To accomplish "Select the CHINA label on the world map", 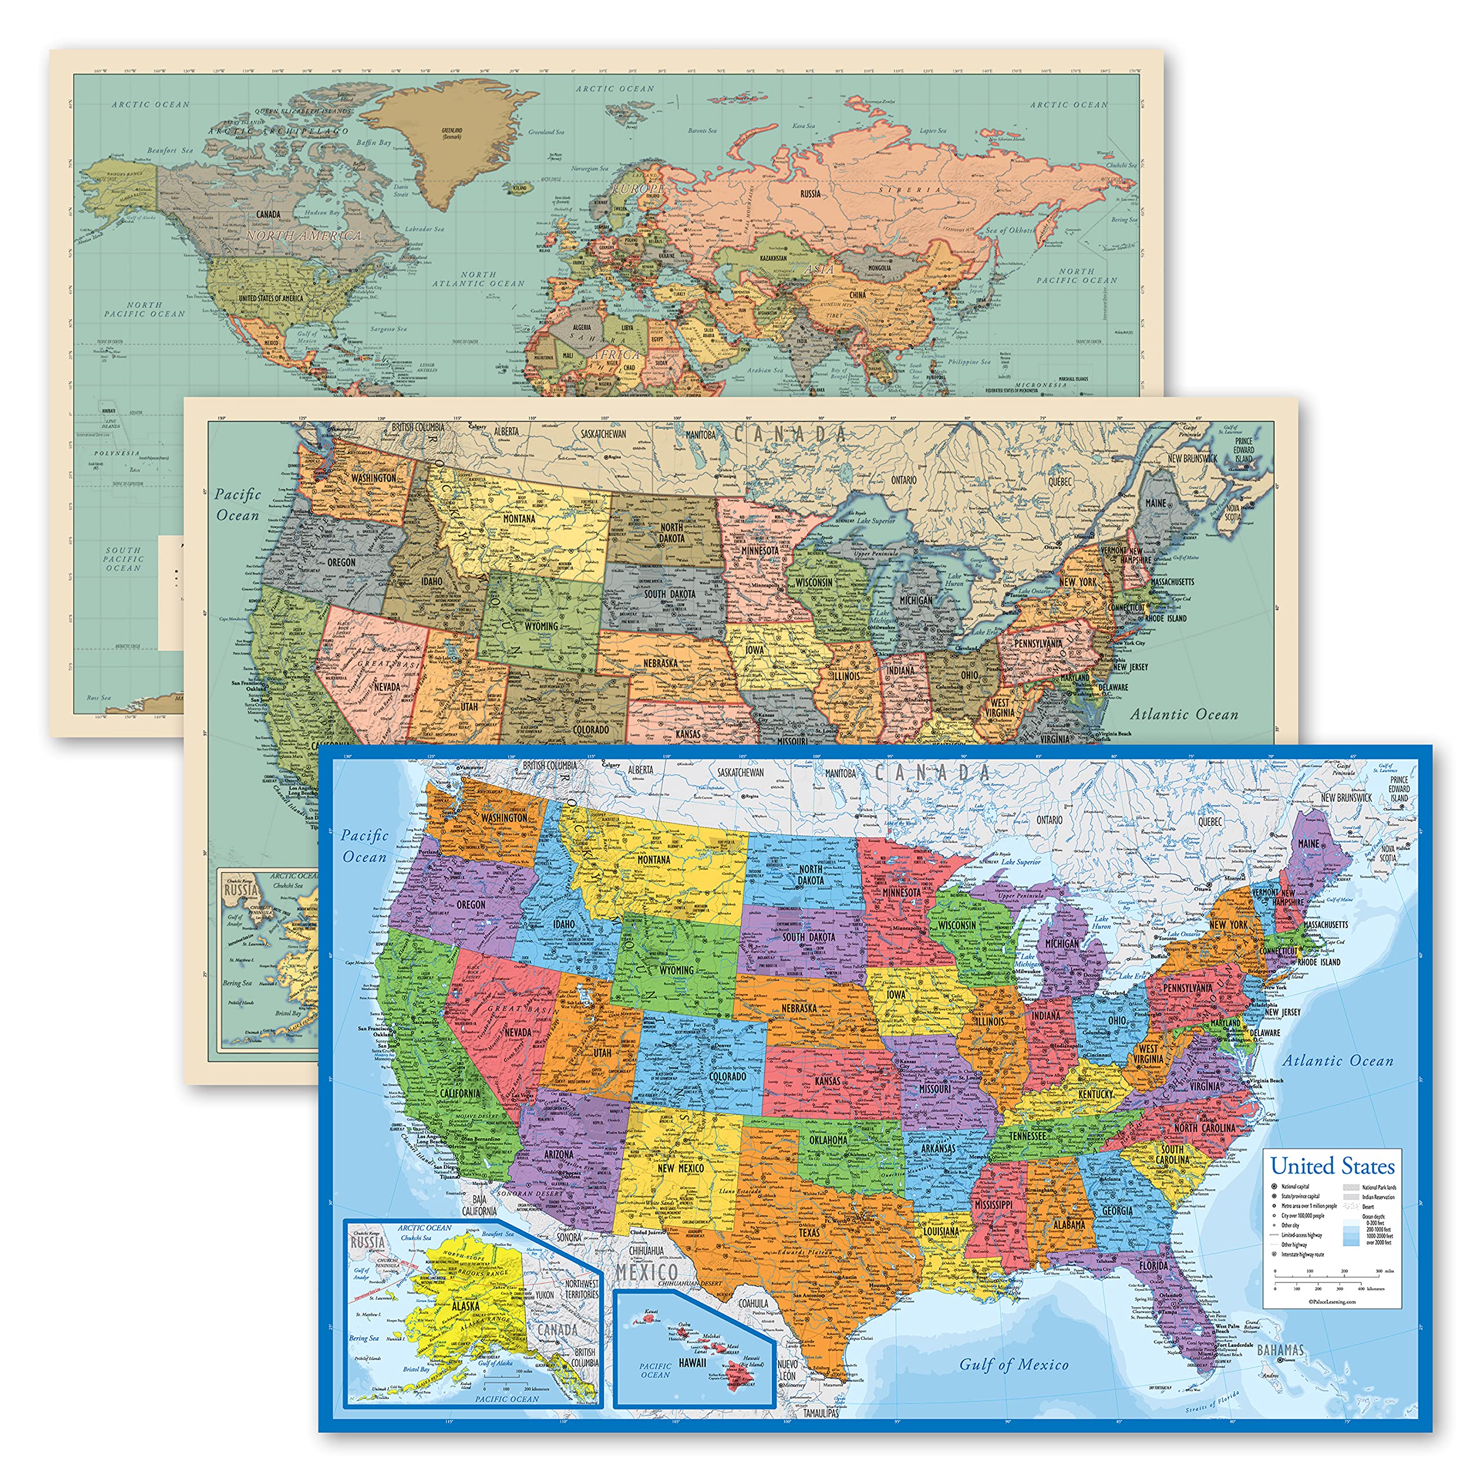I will (x=857, y=295).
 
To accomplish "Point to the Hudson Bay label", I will (x=322, y=212).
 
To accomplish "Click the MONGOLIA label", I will (x=879, y=267).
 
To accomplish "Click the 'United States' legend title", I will (x=1333, y=1166).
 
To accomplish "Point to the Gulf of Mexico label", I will (x=1013, y=1364).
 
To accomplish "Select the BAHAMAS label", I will (x=1281, y=1349).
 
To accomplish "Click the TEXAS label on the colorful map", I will (x=809, y=1232).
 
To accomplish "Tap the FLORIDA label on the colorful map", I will (x=1154, y=1265).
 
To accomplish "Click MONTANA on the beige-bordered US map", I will (x=519, y=519).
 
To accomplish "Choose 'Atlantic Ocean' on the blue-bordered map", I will (x=1338, y=1061).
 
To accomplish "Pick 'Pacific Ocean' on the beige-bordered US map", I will (x=238, y=505).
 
